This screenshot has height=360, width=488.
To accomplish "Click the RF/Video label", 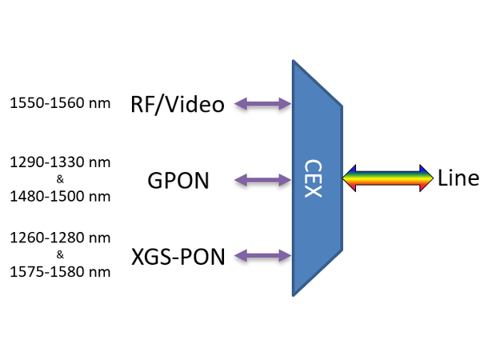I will tap(177, 103).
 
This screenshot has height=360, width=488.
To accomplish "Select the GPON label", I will tap(178, 181).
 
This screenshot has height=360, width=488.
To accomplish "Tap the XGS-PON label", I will tap(177, 256).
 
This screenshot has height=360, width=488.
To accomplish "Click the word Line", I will tap(458, 178).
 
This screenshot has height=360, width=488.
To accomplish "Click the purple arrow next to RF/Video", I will tap(262, 103).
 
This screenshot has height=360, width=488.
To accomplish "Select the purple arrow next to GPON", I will tap(262, 181).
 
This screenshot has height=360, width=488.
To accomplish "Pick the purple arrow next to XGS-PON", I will tap(262, 256).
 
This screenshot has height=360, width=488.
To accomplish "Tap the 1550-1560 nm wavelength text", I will tap(60, 102).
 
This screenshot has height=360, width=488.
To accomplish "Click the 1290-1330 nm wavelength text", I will tap(60, 162).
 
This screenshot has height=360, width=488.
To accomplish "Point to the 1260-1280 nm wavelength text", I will tap(60, 238).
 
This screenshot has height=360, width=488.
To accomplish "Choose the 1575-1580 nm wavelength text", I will tap(60, 271).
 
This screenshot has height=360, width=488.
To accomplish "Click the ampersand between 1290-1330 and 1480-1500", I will tap(60, 179).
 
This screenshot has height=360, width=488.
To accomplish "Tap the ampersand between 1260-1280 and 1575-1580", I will tap(60, 254).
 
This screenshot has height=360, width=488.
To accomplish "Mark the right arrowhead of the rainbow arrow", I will tap(426, 178).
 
